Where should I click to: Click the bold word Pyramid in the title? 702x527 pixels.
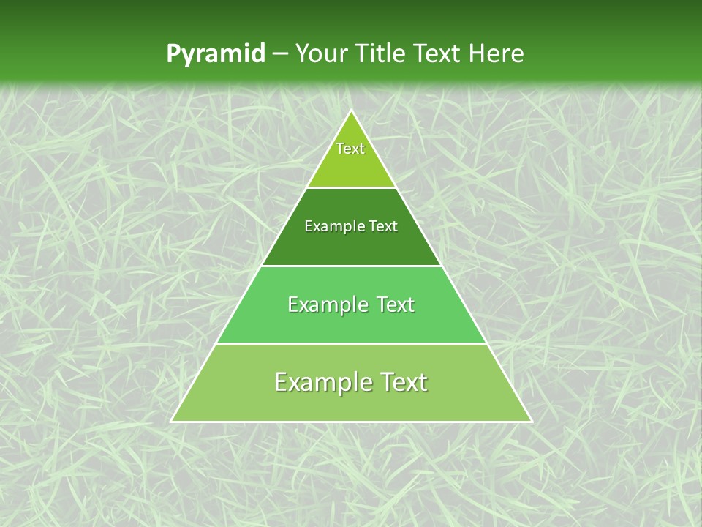(x=215, y=54)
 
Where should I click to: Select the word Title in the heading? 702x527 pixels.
(x=384, y=53)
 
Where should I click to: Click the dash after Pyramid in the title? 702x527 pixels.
(x=279, y=54)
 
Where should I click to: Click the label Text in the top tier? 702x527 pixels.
(x=350, y=149)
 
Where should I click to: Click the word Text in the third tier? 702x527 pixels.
(x=395, y=304)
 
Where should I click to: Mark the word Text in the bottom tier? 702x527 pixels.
(x=404, y=382)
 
